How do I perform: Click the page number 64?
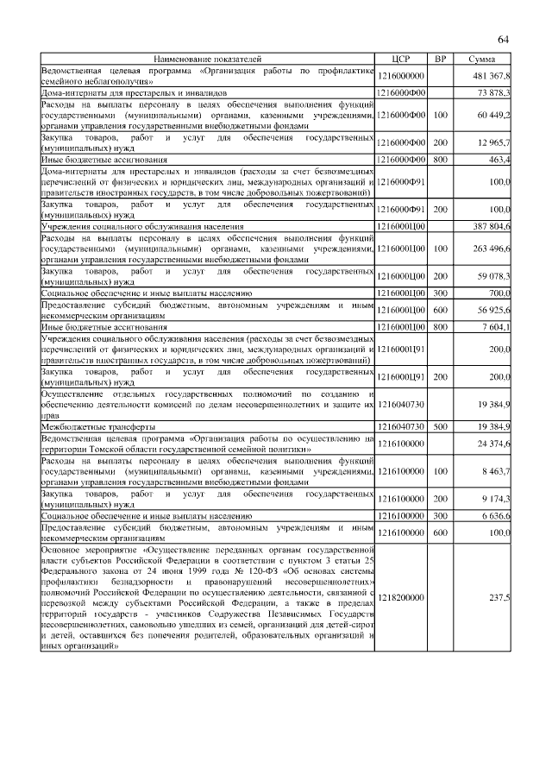coord(504,40)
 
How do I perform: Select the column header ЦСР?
coord(403,59)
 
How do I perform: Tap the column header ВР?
coord(440,59)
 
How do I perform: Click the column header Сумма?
coord(481,59)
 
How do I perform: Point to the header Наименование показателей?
coord(207,59)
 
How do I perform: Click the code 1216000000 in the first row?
coord(403,76)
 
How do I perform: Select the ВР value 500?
coord(440,426)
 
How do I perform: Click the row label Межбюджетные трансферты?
coord(99,426)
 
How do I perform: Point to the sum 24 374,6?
coord(495,444)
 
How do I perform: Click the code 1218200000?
coord(403,595)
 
